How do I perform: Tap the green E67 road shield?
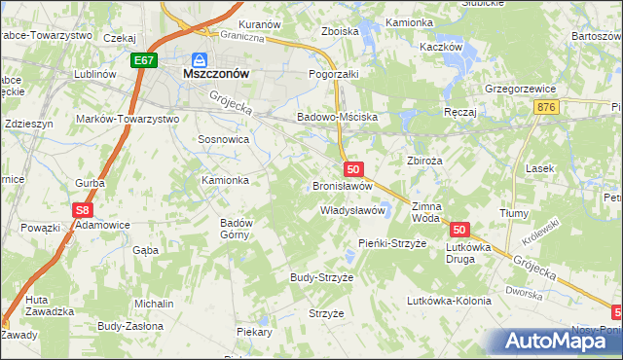point(144,60)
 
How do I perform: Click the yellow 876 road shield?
point(546,106)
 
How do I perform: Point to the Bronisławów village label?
point(342,186)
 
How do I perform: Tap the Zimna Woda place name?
point(426,212)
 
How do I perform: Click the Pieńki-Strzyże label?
point(392,242)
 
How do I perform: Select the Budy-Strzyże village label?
point(321,277)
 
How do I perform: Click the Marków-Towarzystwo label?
point(128,119)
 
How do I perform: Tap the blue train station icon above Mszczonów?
point(200,58)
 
